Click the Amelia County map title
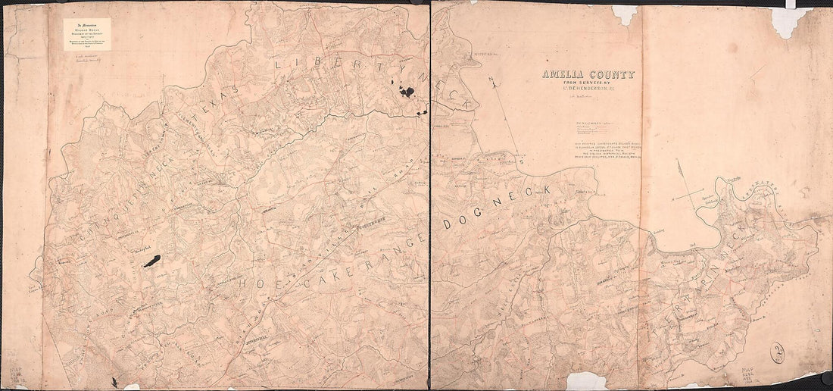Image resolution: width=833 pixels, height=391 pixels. (588, 75)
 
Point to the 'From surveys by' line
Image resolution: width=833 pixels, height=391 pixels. (588, 84)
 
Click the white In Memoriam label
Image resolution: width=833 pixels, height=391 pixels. (87, 34)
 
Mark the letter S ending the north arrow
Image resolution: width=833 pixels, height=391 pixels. (521, 161)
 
